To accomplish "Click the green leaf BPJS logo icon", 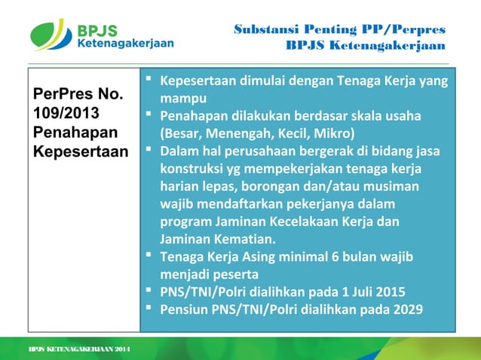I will [51, 34].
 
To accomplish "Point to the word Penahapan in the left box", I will [66, 132].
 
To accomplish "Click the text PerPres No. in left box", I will [74, 96].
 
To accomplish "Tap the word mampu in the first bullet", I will [183, 99].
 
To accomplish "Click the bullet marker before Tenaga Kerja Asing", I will [150, 257].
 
